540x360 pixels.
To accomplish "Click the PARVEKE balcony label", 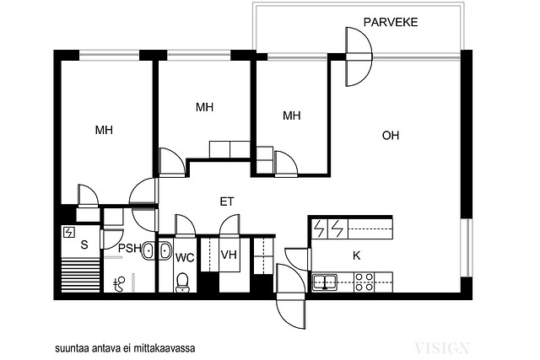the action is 391,22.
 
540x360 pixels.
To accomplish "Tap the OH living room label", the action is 391,135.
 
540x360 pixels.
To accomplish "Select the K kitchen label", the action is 357,255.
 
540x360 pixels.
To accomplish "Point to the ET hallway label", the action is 227,201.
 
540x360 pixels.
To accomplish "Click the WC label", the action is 185,257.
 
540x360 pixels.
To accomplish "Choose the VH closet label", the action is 229,255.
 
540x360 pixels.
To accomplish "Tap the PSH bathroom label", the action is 130,248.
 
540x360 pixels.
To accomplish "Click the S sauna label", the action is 84,244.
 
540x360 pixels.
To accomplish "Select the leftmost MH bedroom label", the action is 104,130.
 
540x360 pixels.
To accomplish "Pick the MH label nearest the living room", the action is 291,116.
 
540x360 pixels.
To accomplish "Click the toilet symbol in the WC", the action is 182,282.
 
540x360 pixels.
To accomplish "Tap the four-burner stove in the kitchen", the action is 364,282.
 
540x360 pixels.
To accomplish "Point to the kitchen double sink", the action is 324,282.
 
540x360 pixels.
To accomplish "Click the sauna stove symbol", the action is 69,233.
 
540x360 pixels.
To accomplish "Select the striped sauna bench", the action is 81,276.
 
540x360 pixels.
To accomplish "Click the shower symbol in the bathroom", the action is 119,285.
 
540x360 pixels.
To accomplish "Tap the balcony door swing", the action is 359,56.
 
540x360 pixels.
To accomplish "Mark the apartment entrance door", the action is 291,296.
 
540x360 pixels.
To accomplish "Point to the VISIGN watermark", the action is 442,348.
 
